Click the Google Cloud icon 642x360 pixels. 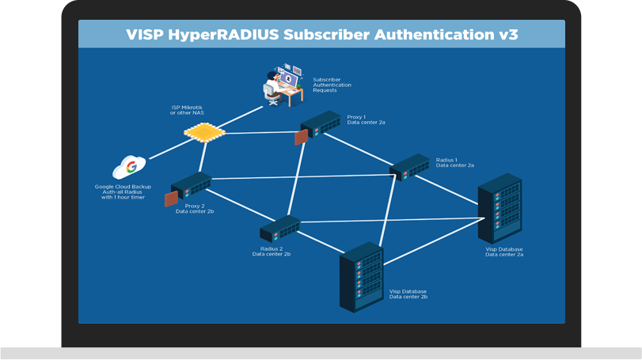point(130,167)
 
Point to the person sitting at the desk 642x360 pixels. point(275,85)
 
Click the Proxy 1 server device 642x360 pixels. point(321,126)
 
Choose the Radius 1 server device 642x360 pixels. point(409,167)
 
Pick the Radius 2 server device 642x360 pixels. point(280,229)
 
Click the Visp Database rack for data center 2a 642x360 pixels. point(500,208)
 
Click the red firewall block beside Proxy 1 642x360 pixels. point(301,138)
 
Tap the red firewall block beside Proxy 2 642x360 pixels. point(170,199)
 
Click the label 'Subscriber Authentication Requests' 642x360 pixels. point(332,85)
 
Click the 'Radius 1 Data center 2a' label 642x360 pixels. point(455,162)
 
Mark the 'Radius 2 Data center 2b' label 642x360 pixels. point(272,252)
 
